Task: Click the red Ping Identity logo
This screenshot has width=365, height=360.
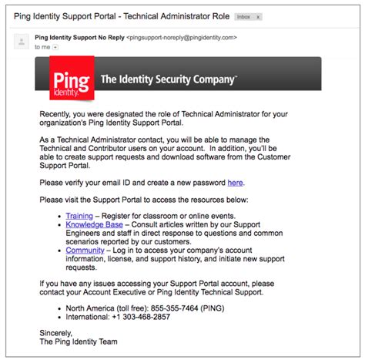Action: click(72, 79)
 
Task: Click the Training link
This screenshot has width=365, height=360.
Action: click(79, 217)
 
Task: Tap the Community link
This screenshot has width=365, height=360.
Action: click(85, 250)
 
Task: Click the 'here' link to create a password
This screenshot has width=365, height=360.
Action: click(235, 183)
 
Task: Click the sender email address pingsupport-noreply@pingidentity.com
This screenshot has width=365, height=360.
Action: click(182, 35)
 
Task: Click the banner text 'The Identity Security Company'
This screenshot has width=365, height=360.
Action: click(169, 79)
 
